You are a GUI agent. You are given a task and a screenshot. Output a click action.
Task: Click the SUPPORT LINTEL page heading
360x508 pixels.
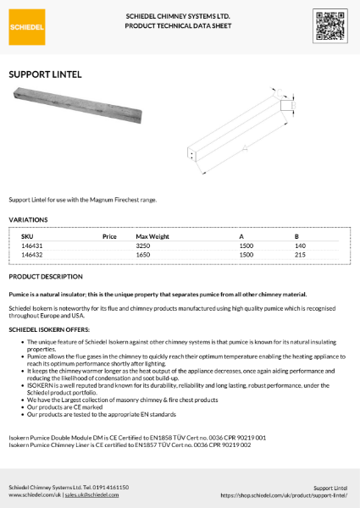[45, 75]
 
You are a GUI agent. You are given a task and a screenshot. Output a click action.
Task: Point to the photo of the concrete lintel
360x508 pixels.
[63, 104]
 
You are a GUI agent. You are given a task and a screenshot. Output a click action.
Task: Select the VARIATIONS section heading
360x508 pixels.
[28, 219]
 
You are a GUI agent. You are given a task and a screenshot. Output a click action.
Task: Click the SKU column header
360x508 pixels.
[26, 235]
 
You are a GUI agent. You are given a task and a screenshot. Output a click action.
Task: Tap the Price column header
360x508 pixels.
[108, 235]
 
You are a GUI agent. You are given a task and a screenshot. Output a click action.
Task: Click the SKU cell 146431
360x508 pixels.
[32, 245]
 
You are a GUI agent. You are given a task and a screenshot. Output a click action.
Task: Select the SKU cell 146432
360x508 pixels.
[32, 254]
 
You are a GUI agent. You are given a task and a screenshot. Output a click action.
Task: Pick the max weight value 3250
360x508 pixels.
[143, 245]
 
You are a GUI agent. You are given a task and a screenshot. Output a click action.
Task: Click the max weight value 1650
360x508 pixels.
[143, 254]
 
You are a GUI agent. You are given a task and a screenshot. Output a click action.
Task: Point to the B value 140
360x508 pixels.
[299, 245]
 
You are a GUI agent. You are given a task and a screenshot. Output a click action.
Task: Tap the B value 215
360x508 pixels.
[299, 254]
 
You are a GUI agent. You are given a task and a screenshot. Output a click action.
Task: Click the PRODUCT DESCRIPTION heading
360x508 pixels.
[46, 277]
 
